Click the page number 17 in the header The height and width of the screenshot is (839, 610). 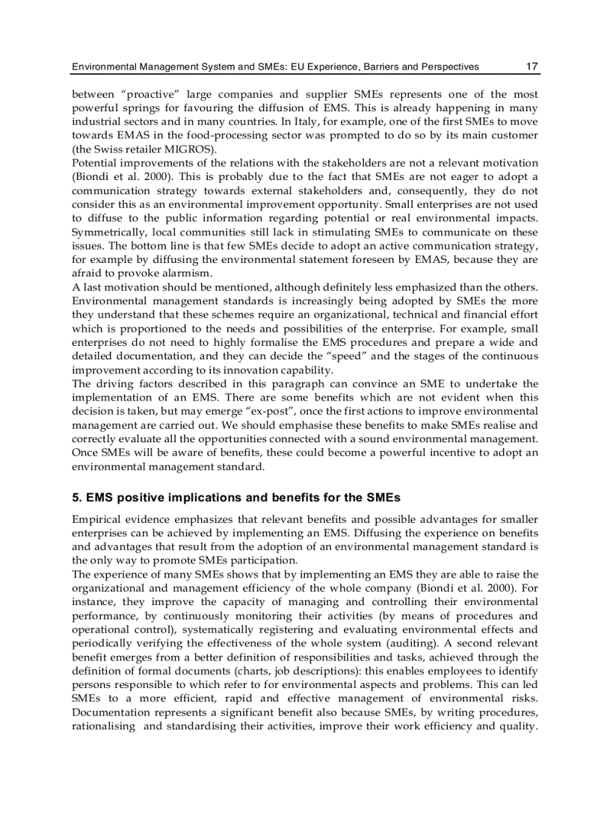[x=532, y=66]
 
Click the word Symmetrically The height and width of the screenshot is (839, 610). [x=107, y=231]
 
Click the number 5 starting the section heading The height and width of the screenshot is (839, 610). [x=76, y=497]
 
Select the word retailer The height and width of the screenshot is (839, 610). [x=150, y=149]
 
